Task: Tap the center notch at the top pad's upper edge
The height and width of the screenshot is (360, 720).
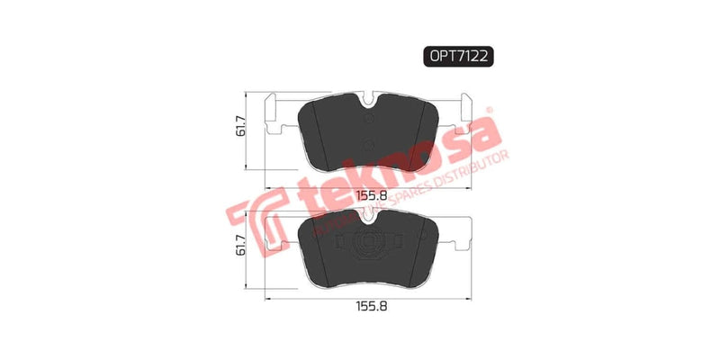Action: click(x=368, y=100)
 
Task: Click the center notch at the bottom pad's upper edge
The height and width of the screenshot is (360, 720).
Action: click(x=368, y=214)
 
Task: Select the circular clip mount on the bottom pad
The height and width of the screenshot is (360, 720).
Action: click(x=368, y=243)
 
